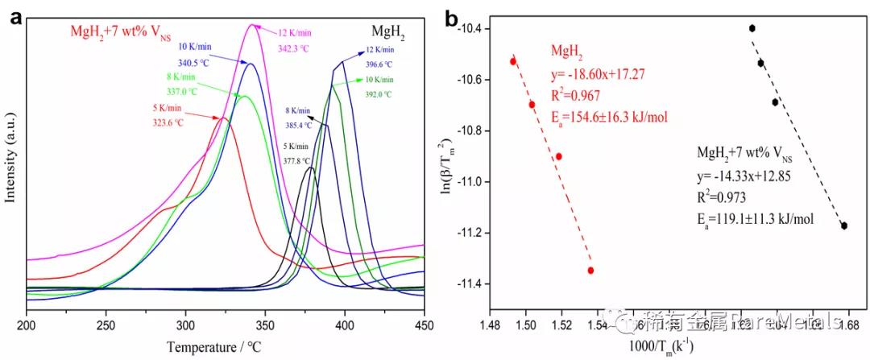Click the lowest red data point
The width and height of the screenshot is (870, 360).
click(590, 270)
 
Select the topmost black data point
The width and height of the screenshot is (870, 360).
click(752, 28)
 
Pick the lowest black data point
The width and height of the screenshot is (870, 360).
click(843, 226)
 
